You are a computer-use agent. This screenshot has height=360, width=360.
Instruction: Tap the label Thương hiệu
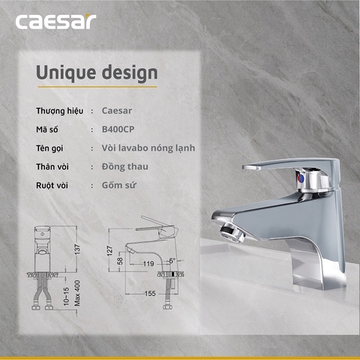(58, 111)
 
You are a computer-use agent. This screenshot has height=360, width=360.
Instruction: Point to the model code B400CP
(118, 129)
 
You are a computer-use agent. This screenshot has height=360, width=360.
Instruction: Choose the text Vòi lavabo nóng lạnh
(148, 148)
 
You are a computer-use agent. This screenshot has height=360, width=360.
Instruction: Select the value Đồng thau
(124, 166)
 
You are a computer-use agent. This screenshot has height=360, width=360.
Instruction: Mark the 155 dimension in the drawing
(150, 293)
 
